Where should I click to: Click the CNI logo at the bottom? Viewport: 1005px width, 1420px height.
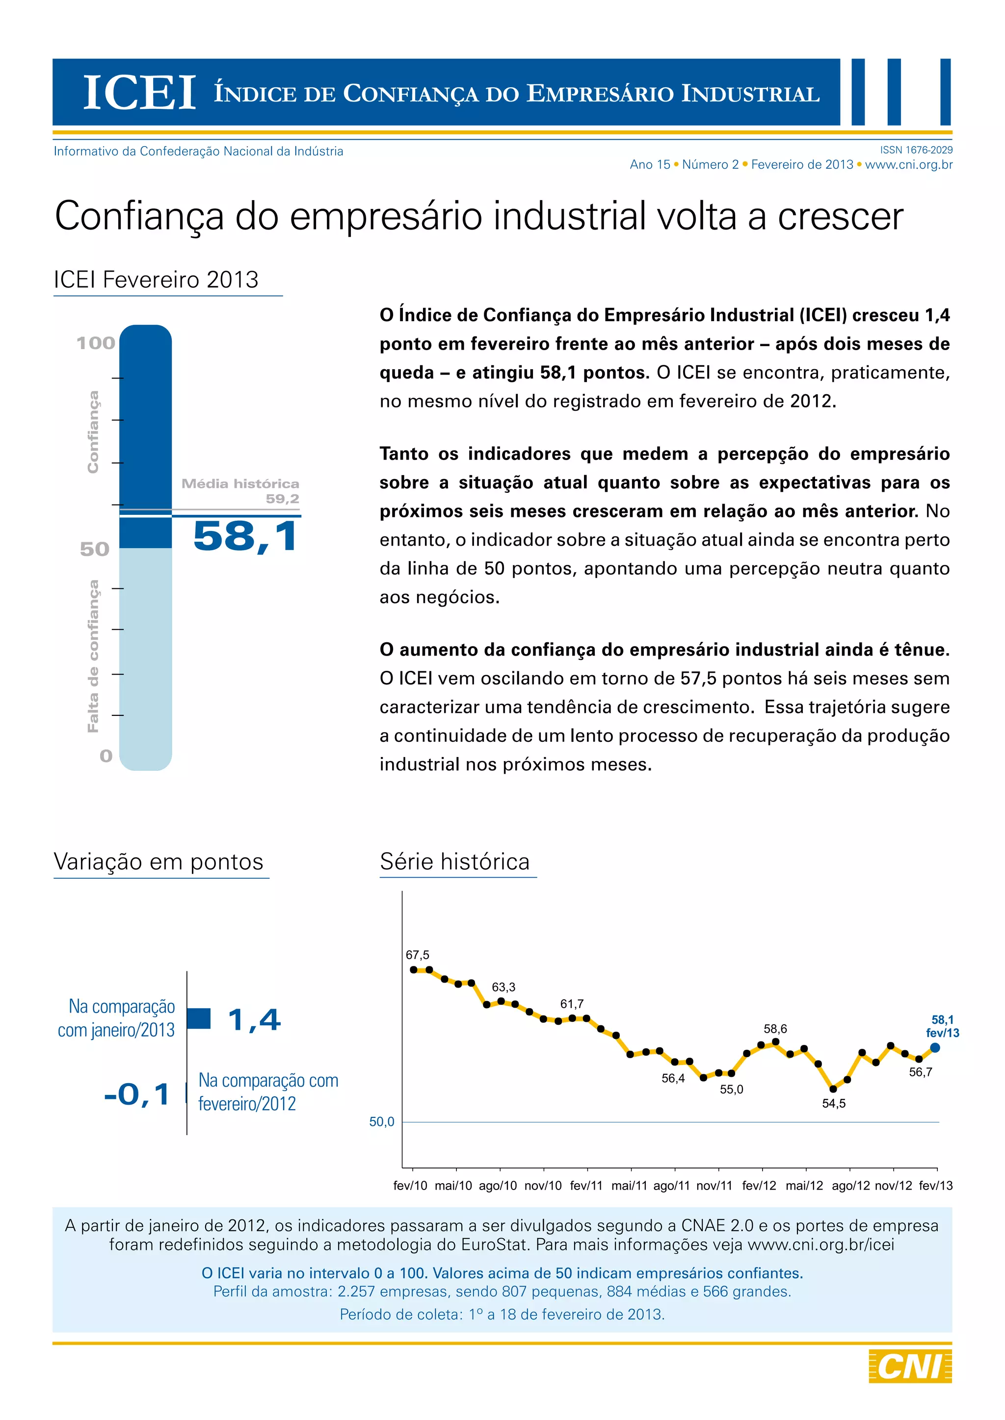coord(910,1366)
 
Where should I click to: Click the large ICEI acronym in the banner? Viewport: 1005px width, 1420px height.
coord(139,93)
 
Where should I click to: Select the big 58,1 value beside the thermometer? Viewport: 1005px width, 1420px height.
coord(246,535)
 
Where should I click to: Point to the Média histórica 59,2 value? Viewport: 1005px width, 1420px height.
coord(282,499)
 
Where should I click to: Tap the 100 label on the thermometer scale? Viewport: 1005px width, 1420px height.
coord(96,343)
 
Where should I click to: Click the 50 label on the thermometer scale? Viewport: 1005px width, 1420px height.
coord(95,549)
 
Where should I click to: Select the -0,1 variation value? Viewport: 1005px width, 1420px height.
coord(137,1094)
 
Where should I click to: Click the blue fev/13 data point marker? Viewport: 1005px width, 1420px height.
coord(935,1048)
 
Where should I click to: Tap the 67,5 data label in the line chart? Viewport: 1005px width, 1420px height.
coord(417,955)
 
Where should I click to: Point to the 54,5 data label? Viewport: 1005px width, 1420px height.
coord(834,1103)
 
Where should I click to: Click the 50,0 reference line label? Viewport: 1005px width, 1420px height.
coord(381,1122)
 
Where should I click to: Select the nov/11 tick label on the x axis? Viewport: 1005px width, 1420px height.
coord(714,1186)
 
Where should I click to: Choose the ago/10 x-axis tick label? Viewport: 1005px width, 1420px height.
coord(498,1186)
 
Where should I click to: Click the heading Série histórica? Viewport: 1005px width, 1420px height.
coord(455,862)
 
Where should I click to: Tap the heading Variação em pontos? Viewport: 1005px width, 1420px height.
coord(159,862)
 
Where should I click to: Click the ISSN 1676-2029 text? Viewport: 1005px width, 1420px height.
coord(916,150)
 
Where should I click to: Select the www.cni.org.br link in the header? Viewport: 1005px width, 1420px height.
coord(908,165)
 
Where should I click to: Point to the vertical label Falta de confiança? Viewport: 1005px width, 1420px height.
coord(93,656)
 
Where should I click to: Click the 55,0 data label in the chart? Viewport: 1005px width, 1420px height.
coord(732,1089)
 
